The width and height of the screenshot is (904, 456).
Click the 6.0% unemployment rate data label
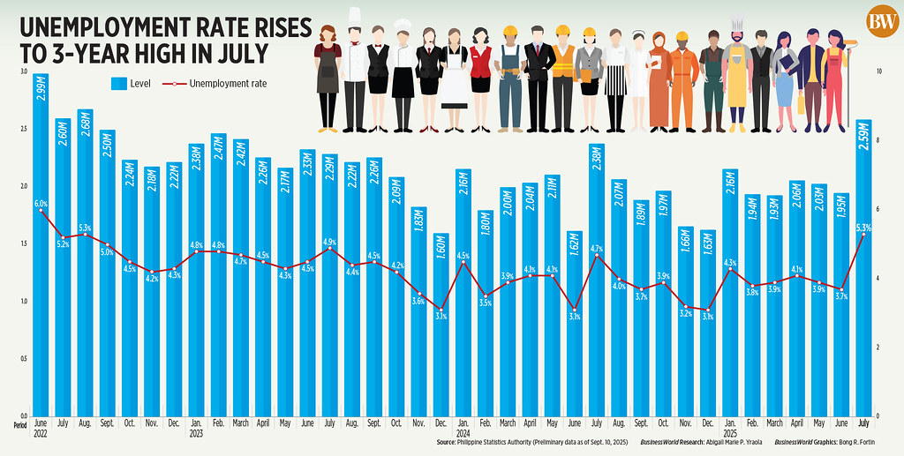[x=41, y=203]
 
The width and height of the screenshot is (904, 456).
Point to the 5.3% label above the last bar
[x=864, y=228]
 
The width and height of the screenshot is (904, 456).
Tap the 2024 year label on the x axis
[x=463, y=433]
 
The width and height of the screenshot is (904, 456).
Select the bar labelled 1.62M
[x=575, y=322]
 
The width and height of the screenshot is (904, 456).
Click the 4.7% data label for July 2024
[x=597, y=248]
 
